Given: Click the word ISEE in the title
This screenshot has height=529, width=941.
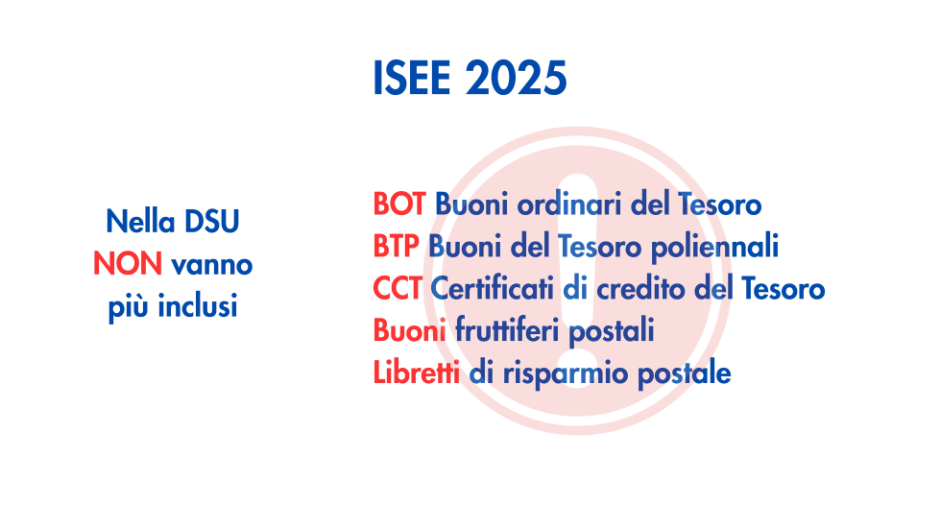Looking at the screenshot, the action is tap(412, 78).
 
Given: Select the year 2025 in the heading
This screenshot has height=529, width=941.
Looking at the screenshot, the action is tap(517, 78).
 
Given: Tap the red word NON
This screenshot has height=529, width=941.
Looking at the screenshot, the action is tap(128, 264).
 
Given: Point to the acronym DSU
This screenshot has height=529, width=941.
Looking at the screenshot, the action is tap(212, 222).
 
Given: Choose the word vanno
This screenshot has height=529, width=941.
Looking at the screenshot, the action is tap(212, 265).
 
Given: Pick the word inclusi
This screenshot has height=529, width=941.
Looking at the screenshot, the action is tap(198, 306).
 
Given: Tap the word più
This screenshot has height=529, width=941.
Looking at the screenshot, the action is tap(129, 307).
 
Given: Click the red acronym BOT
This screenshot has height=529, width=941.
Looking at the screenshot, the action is tap(399, 204).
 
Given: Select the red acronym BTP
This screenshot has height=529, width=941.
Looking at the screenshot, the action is tap(396, 247).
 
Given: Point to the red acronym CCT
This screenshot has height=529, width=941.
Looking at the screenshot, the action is tap(398, 288).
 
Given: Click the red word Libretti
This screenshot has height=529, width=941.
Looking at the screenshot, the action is tap(417, 373).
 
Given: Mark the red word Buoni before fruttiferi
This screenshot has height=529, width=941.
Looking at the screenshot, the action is tap(409, 330).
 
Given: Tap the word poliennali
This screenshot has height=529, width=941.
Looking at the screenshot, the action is tap(714, 247).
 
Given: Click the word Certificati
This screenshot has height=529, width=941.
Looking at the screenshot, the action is tap(492, 288).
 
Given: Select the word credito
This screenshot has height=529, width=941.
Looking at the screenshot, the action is tap(641, 288).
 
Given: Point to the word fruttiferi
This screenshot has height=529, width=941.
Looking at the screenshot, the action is tap(507, 330).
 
